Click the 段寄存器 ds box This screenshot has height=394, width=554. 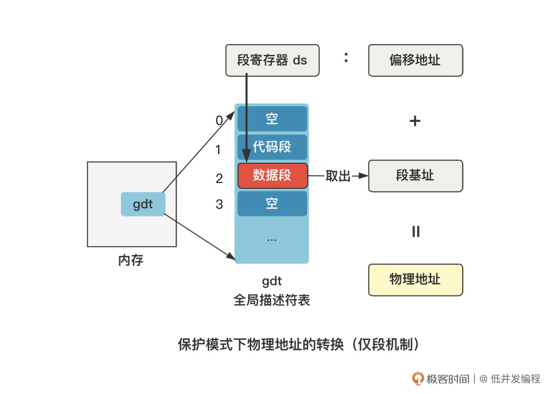coord(272,60)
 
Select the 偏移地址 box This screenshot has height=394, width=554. coord(415,60)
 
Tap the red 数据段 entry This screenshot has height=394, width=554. coord(272,176)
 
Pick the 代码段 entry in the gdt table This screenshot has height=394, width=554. coord(272,147)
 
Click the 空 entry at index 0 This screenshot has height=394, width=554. coord(272,119)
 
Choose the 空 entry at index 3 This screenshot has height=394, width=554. coord(272,203)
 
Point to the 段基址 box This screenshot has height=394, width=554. coord(415,176)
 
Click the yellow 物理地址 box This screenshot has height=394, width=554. coord(415,280)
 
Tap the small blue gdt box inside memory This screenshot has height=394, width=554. coord(143,204)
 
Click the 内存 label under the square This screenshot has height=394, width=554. coord(131,260)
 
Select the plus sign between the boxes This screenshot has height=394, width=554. coord(415,121)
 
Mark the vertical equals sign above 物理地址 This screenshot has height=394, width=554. coord(416,231)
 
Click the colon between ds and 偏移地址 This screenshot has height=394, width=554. coord(346,57)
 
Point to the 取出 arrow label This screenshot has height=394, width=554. coord(338,176)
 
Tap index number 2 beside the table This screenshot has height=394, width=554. coord(219,178)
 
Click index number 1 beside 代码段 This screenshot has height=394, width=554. coord(218,150)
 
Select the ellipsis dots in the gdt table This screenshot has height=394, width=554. coord(272,240)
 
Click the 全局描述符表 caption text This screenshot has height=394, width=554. coord(272,300)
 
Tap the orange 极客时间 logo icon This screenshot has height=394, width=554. coord(418,378)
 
